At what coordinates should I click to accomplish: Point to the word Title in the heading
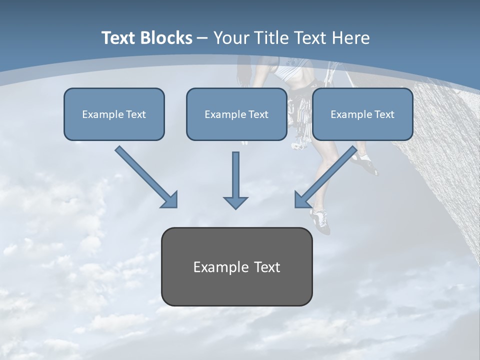tap(272, 38)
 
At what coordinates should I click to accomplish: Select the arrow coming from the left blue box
tap(146, 176)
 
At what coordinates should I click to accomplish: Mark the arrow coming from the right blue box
tap(326, 176)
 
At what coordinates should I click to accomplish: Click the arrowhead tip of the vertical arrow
tap(235, 207)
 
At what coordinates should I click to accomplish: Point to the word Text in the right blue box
tap(384, 114)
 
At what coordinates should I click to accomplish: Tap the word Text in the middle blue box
tap(258, 114)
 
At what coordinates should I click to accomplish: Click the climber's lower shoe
tap(320, 220)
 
